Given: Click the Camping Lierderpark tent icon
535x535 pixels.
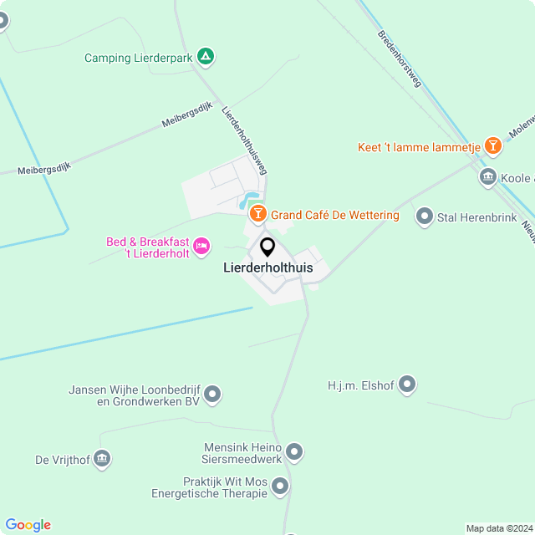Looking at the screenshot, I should (206, 58).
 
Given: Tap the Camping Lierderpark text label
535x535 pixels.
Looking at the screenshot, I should (139, 59).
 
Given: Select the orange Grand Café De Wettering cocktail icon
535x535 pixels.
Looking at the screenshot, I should (257, 215).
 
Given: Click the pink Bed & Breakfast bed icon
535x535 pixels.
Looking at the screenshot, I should (201, 247).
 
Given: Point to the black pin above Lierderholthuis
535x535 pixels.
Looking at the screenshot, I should (267, 247).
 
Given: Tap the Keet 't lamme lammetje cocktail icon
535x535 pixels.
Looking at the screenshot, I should (493, 147).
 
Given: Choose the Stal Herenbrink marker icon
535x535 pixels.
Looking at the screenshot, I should (425, 217).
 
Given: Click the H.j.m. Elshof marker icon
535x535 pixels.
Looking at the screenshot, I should (407, 385).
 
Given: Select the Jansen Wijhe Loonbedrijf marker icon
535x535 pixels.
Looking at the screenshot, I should (212, 394).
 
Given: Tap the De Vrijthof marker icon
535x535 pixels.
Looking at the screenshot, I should (102, 458).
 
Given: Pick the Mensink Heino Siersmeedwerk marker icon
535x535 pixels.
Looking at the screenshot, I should (294, 452).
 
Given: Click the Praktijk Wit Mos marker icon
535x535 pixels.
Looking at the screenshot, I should (280, 486).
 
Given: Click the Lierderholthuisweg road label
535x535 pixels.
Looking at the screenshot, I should (245, 140).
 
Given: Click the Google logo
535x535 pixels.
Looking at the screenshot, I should (28, 525).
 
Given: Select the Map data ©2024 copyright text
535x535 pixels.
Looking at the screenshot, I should (499, 528).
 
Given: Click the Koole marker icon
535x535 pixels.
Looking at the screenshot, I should (488, 177).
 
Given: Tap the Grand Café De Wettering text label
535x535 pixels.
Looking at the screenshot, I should (334, 216).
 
